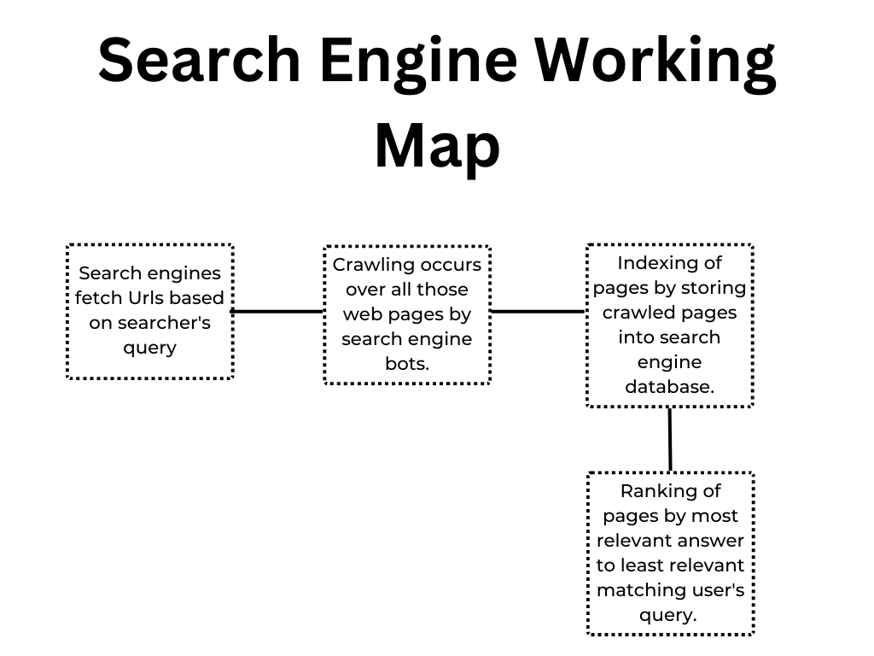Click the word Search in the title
tap(199, 61)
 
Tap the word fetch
tap(97, 298)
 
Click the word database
tap(669, 387)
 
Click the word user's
tap(717, 590)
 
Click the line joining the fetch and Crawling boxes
tap(277, 312)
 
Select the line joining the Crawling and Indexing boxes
tap(538, 312)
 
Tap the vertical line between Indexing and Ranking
tap(669, 439)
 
